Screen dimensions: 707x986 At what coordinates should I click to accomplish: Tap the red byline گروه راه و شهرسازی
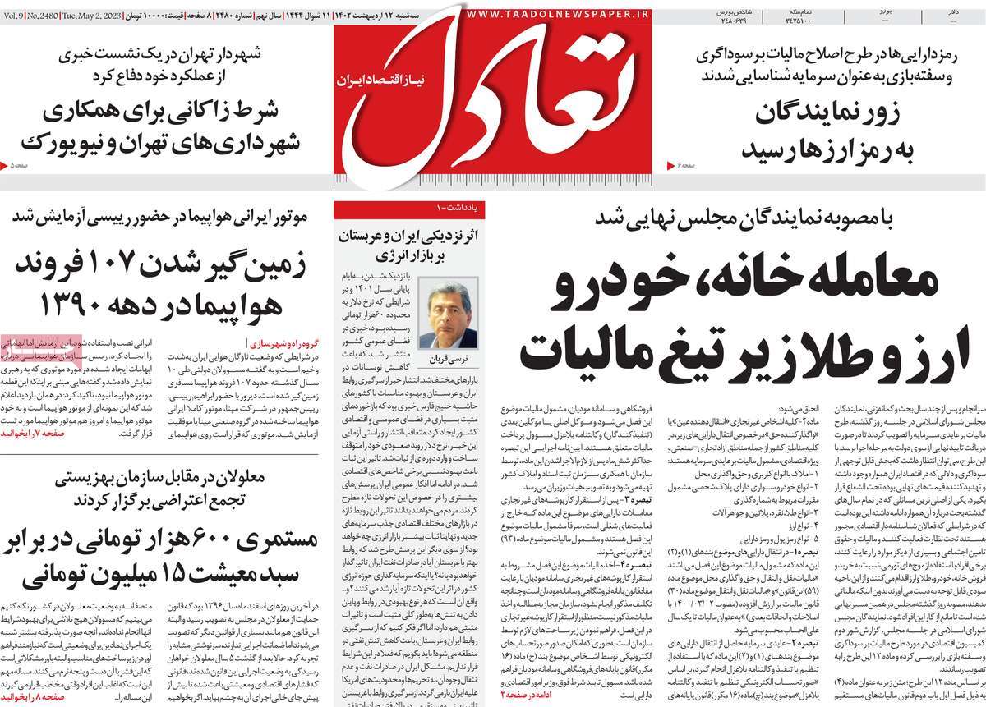[x=279, y=340]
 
